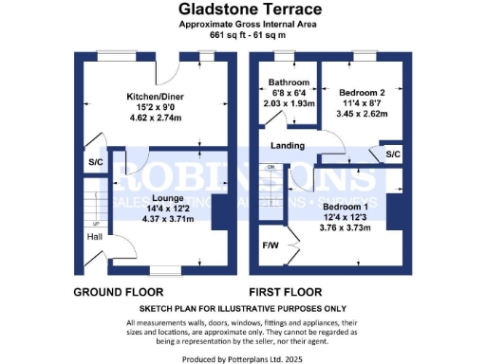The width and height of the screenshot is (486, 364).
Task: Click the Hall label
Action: click(x=95, y=237)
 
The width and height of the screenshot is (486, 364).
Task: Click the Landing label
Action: click(x=287, y=146)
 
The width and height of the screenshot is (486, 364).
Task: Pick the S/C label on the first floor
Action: click(x=393, y=154)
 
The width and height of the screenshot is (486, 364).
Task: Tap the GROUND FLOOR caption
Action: click(x=119, y=292)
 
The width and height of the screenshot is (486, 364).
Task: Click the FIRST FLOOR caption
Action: click(x=285, y=292)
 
